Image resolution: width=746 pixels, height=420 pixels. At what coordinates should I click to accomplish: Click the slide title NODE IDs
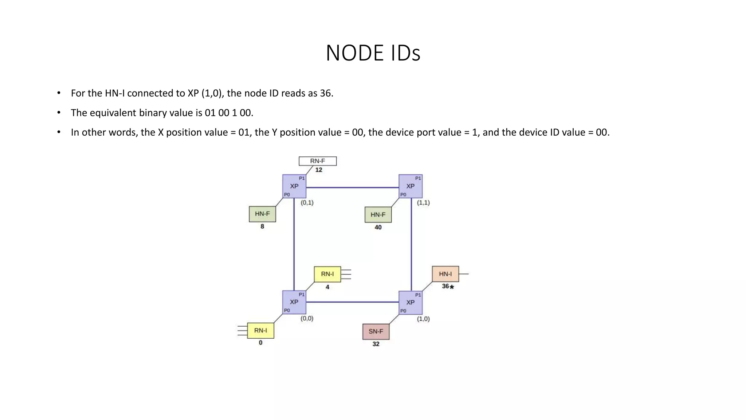coord(373,53)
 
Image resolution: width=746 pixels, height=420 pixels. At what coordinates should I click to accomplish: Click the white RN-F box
coord(318,161)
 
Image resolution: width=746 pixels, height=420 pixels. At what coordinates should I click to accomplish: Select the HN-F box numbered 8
coord(262,214)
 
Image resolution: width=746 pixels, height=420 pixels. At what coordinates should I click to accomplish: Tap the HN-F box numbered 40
coord(378,215)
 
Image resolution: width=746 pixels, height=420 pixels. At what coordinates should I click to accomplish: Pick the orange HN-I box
coord(445,274)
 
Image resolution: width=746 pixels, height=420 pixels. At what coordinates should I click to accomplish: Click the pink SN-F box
coord(376,331)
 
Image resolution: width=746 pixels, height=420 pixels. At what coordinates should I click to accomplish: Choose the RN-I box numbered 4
coord(327,274)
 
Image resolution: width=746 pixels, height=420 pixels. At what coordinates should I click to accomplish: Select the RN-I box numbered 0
coord(260,331)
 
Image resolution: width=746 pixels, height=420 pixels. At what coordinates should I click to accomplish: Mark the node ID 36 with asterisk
coord(448,287)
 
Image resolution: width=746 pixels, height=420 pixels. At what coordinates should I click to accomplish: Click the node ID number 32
coord(376,344)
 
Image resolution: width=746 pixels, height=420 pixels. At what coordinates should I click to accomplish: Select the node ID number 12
coord(319,170)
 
